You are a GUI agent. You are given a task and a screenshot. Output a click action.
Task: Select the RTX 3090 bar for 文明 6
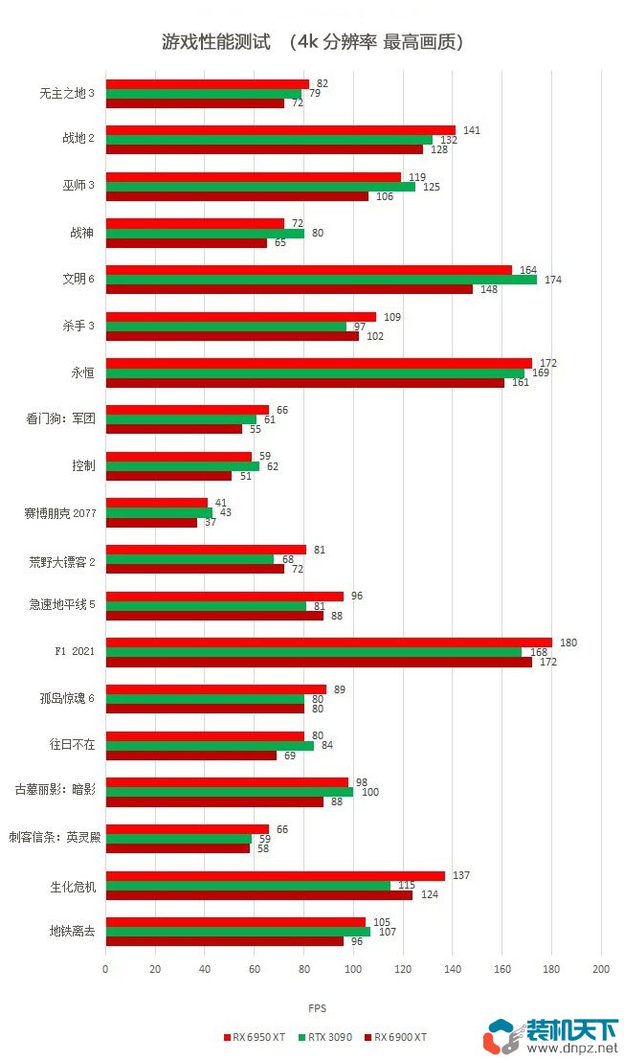(x=321, y=280)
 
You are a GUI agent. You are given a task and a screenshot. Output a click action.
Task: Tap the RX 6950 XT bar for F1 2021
(x=328, y=643)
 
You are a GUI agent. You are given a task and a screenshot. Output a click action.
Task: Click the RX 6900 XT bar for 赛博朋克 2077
(x=151, y=522)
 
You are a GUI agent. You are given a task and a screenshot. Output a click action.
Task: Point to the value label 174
(x=552, y=280)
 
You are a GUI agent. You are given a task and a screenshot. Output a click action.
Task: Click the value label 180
(x=566, y=642)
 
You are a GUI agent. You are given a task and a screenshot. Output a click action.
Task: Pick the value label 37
(x=210, y=522)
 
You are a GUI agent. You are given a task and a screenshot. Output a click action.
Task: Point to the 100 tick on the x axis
(x=353, y=969)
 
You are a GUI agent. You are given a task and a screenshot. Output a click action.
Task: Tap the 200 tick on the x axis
(x=600, y=969)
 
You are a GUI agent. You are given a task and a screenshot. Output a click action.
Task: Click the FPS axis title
(x=317, y=1008)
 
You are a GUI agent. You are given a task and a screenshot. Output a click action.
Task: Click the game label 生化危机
(x=73, y=886)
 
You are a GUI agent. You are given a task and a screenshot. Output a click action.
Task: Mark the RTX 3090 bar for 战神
(x=205, y=233)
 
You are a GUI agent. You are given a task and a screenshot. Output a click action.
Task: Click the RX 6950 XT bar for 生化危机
(x=276, y=875)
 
